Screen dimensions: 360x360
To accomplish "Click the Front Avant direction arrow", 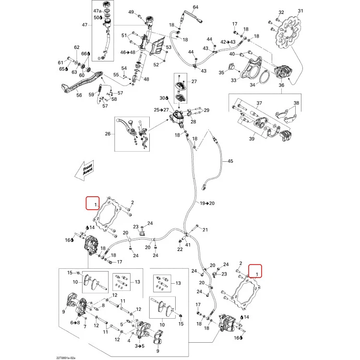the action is coord(84,170).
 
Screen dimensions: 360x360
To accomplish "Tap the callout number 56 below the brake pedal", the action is coord(79,95).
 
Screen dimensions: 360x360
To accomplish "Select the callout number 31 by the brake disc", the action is coord(300,11).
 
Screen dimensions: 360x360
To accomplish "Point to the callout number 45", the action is coord(230,161).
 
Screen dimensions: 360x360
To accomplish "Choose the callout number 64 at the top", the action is coord(195,7).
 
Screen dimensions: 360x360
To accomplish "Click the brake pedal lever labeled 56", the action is coord(82,82).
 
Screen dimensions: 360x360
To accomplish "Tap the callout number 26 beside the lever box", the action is coord(108,133).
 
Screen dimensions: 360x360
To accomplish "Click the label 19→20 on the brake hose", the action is coord(207,203).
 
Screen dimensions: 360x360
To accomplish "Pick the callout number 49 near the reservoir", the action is coord(131,12).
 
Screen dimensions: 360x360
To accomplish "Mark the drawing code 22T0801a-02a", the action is coord(66,358).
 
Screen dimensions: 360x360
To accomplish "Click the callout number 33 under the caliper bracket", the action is coord(233,80).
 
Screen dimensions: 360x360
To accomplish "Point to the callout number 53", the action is coord(169,48).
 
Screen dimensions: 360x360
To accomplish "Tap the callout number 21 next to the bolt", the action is coord(205,229).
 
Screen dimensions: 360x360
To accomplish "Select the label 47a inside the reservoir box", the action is coord(97,11).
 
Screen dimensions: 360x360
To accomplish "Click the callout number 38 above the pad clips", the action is coord(297,103).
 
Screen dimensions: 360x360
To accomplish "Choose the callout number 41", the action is coord(188,245).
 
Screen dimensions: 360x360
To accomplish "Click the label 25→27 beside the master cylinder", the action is coord(161,110).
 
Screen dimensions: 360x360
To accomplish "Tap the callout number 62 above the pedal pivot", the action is coord(77,48).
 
